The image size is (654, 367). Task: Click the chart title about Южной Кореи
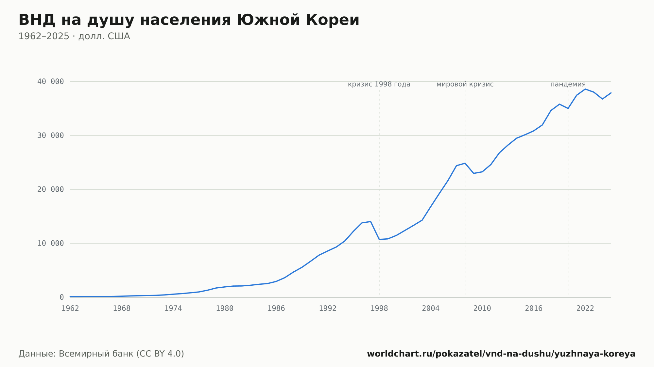[x=189, y=20]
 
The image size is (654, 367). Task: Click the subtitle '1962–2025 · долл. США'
[x=74, y=36]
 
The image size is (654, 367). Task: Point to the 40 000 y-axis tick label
[x=50, y=81]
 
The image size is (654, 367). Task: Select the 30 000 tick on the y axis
[x=50, y=136]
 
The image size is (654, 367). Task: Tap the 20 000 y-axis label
[x=50, y=189]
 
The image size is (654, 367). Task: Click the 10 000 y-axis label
[x=50, y=243]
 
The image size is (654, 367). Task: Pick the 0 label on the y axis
[x=61, y=297]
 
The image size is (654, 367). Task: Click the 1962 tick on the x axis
[x=70, y=309]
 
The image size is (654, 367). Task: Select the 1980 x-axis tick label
[x=225, y=309]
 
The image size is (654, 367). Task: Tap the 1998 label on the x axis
[x=379, y=309]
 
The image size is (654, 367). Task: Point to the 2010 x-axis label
[x=482, y=309]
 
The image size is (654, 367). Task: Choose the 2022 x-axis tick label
[x=585, y=309]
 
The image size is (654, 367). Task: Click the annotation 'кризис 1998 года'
[x=379, y=84]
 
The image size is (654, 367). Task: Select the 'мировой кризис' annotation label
[x=465, y=84]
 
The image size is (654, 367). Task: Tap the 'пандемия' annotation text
[x=568, y=84]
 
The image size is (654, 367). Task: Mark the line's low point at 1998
[x=379, y=239]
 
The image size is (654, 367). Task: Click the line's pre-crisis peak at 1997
[x=370, y=221]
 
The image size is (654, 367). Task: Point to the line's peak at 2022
[x=585, y=89]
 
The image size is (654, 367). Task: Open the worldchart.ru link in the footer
[x=501, y=354]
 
